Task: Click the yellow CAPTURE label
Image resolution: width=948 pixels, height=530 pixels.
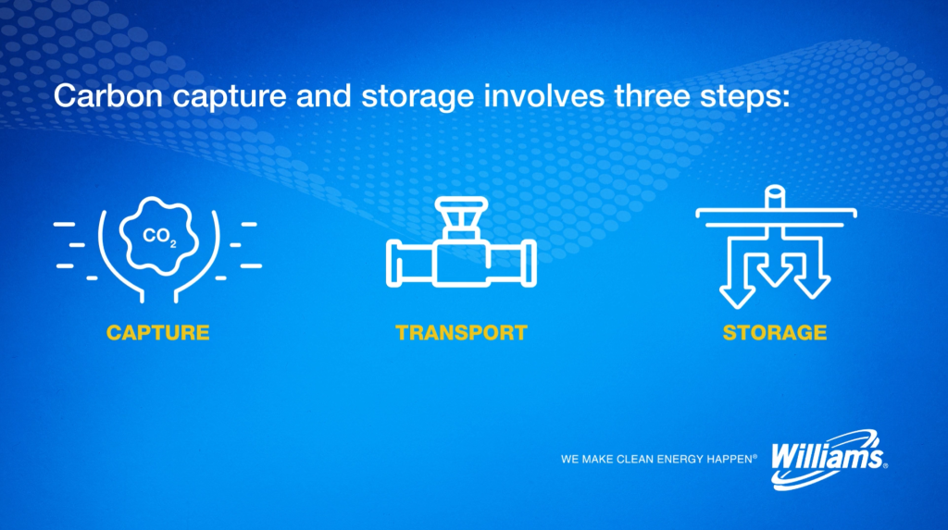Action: [157, 332]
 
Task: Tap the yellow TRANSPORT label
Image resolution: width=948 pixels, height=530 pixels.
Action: [461, 332]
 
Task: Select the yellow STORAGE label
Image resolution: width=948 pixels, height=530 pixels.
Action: [775, 332]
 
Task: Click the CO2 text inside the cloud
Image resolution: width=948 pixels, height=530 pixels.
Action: [159, 236]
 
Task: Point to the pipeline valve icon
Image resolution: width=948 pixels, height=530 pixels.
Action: [461, 241]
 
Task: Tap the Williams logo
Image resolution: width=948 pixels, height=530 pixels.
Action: [829, 460]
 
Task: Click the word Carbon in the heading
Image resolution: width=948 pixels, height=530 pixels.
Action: [107, 95]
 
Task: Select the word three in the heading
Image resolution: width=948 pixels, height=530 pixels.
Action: [652, 95]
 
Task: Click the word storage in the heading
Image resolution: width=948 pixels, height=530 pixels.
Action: [418, 97]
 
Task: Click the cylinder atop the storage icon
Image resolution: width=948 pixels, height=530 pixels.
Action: [775, 198]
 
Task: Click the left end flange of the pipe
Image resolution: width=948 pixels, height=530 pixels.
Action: [394, 263]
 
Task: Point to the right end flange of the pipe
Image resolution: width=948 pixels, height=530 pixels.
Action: [529, 263]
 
